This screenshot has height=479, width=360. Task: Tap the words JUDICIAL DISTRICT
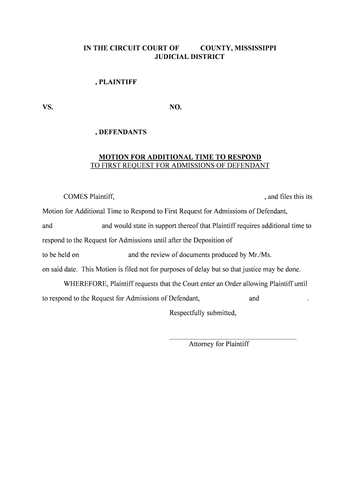tap(189, 57)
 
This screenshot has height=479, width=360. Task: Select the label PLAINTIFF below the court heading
tap(118, 82)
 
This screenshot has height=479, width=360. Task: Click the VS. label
tap(48, 107)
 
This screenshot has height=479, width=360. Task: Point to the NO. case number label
tap(175, 107)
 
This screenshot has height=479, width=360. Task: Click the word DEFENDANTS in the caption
tap(122, 132)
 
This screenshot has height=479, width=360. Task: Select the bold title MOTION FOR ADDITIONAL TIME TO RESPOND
tap(180, 157)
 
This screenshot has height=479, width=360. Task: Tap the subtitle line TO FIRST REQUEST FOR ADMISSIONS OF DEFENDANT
tap(180, 166)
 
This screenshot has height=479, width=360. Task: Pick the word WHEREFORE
tap(86, 284)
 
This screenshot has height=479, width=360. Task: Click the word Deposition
tap(209, 240)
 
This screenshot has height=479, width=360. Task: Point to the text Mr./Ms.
tap(260, 255)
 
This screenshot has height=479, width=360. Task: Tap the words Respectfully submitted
tap(202, 313)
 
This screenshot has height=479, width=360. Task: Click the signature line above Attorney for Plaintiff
tap(232, 339)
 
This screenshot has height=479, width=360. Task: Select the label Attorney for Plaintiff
tap(219, 344)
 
